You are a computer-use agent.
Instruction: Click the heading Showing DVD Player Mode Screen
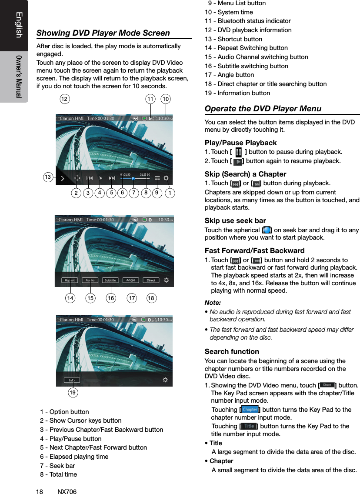(x=103, y=33)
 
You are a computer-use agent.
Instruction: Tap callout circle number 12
(x=64, y=100)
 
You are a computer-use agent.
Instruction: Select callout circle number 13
(x=48, y=177)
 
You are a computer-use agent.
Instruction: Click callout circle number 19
(x=74, y=393)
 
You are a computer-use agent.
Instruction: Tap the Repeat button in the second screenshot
(x=70, y=280)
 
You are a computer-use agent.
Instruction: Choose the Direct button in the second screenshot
(x=151, y=280)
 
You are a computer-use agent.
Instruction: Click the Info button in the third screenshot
(x=71, y=380)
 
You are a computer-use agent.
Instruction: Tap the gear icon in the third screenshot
(x=165, y=380)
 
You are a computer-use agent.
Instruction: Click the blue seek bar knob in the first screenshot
(x=133, y=178)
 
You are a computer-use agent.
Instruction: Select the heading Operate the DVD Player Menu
(x=263, y=109)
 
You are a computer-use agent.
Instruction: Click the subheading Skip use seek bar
(x=235, y=220)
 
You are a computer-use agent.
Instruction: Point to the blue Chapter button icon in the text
(x=250, y=410)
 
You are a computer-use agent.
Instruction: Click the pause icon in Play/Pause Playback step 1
(x=238, y=152)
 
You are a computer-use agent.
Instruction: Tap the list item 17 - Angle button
(x=229, y=75)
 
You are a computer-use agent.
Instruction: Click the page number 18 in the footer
(x=39, y=491)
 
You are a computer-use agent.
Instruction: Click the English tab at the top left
(x=19, y=25)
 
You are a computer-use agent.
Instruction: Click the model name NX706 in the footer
(x=67, y=491)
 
